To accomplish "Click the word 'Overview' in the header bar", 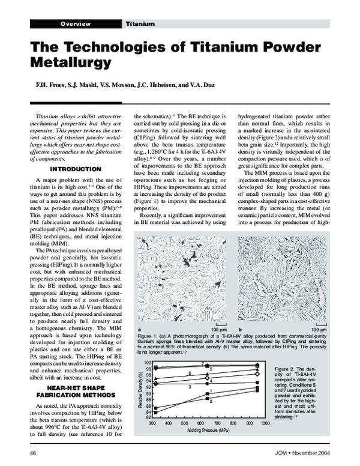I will click(75, 24).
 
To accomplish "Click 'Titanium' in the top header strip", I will click(140, 24).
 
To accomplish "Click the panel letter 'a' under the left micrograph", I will click(139, 330).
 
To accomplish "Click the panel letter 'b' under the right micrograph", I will click(240, 330).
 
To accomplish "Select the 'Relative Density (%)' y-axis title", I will click(141, 390).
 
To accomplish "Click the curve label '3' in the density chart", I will click(190, 387).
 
